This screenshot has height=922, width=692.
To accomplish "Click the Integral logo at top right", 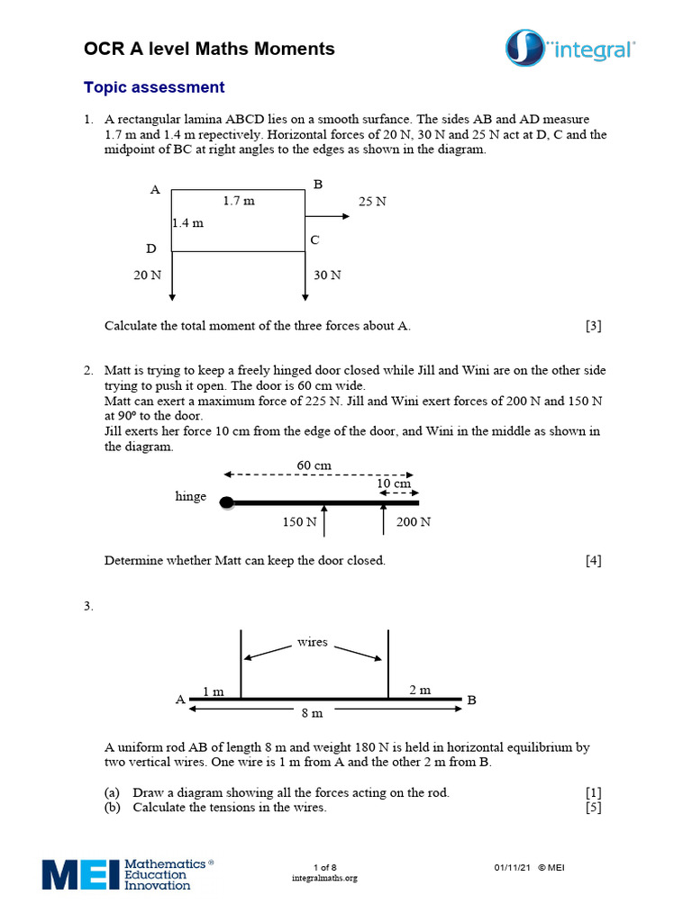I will click(x=569, y=49).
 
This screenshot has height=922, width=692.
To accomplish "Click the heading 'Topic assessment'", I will click(x=154, y=87).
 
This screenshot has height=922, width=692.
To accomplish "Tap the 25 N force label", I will click(x=372, y=202).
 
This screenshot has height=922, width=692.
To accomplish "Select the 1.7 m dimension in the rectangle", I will click(x=239, y=201).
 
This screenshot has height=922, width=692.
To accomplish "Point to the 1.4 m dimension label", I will click(x=187, y=222).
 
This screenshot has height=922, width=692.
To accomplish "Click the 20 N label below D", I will click(x=148, y=275).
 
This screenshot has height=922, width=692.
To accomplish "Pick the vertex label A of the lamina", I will click(x=155, y=190).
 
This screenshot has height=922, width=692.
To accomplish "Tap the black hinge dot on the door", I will click(x=228, y=502).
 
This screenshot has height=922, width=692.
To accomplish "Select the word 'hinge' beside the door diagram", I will click(x=190, y=496).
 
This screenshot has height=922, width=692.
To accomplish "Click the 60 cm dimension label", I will click(x=314, y=465).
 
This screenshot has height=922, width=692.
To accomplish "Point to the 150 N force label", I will click(x=299, y=521).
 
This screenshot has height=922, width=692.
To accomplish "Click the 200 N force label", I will click(x=414, y=521).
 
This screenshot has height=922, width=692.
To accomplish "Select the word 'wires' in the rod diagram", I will click(x=313, y=643).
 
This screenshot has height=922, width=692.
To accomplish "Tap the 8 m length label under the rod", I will click(x=311, y=712).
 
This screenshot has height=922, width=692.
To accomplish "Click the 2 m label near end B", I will click(x=420, y=690).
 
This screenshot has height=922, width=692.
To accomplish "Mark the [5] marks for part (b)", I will click(x=593, y=808).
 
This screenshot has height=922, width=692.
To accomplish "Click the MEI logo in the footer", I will click(x=127, y=873).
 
